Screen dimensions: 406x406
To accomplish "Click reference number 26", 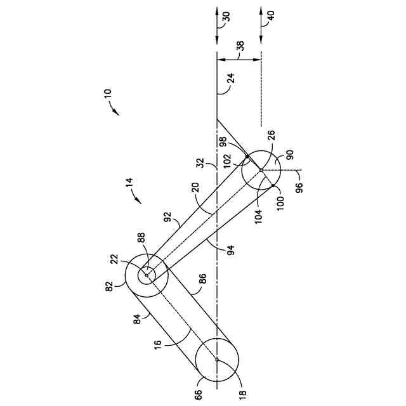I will (272, 136).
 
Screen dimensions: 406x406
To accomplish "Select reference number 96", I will (299, 187).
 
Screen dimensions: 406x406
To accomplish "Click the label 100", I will (280, 204).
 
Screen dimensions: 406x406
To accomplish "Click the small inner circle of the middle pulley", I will (147, 275).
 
